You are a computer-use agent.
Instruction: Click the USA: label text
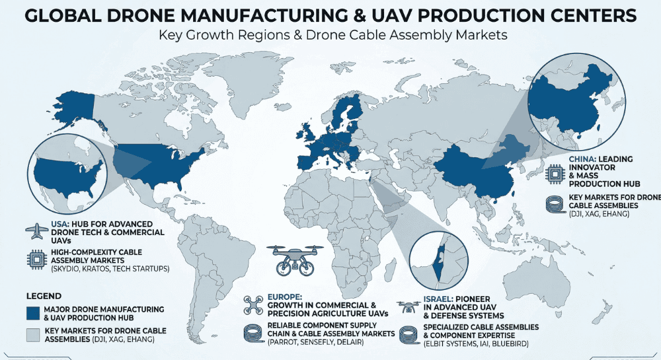point(61,224)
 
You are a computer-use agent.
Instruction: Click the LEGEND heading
point(44,295)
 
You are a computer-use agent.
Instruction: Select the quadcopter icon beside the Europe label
point(254,305)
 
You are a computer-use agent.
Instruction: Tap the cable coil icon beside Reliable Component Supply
point(254,333)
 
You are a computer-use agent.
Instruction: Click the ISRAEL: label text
point(438,298)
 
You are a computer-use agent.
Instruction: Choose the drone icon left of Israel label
point(408,306)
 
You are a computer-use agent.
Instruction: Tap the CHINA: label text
point(584,159)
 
